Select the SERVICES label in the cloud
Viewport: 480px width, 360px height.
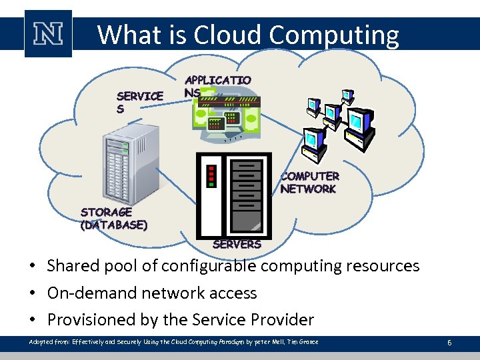pyautogui.click(x=139, y=102)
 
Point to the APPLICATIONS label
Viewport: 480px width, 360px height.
pyautogui.click(x=217, y=86)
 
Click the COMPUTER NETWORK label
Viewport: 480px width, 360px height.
pyautogui.click(x=309, y=183)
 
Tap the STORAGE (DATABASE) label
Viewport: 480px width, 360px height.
pyautogui.click(x=114, y=219)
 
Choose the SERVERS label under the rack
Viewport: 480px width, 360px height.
pyautogui.click(x=237, y=244)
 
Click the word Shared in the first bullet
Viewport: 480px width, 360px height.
pyautogui.click(x=70, y=266)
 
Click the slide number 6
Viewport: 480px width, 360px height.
pyautogui.click(x=449, y=343)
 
